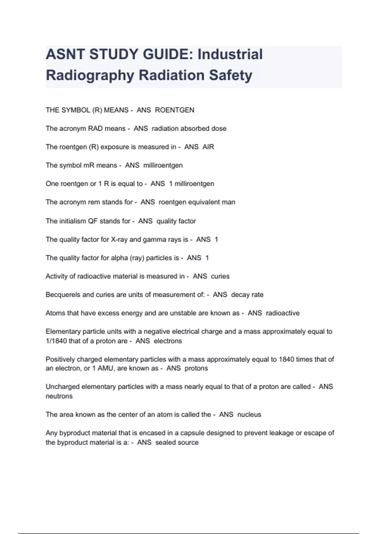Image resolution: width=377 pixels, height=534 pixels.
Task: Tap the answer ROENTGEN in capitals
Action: point(175,110)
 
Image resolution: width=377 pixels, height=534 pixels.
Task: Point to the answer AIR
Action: point(208,147)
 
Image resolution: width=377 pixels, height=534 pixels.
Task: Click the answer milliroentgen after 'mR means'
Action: point(163,165)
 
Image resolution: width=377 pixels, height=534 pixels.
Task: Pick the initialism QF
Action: point(93,221)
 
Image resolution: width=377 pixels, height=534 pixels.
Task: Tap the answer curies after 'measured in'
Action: point(220,276)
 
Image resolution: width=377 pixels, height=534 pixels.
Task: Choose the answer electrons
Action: point(168,341)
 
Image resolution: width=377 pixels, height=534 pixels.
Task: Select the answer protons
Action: point(196,368)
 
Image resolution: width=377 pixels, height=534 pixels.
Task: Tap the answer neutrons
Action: point(59,396)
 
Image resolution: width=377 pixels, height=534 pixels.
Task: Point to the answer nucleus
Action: point(249,415)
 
